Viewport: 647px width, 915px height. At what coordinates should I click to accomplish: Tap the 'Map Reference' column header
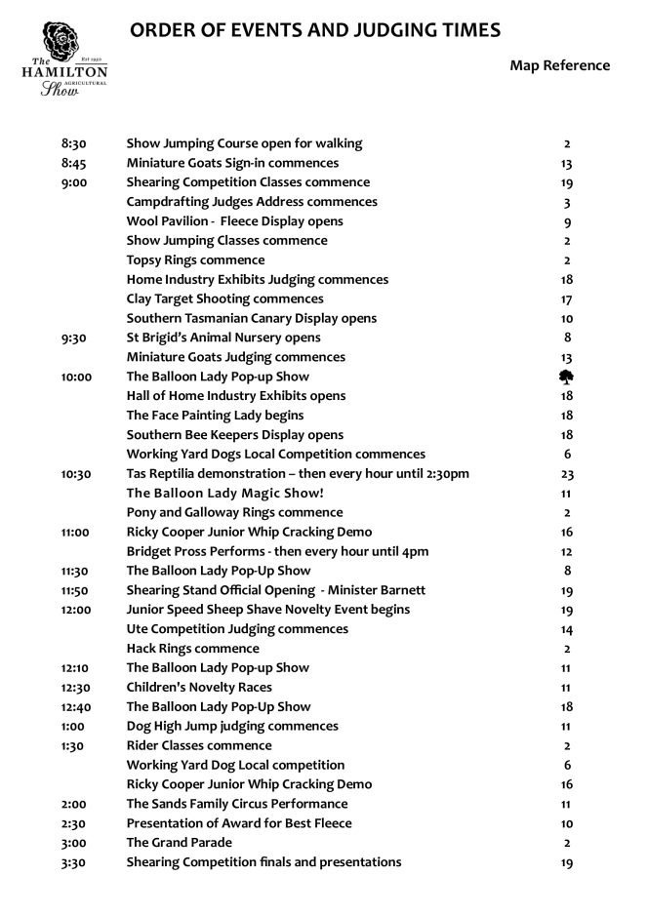(x=559, y=66)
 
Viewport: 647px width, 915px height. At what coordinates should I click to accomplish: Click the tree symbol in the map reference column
(x=567, y=377)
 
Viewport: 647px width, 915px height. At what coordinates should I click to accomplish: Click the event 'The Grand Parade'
(x=179, y=843)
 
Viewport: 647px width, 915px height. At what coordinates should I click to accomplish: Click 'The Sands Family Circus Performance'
(x=237, y=804)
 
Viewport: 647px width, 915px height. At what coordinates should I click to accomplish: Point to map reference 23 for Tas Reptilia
(x=567, y=474)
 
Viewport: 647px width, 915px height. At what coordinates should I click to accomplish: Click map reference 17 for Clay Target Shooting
(x=567, y=299)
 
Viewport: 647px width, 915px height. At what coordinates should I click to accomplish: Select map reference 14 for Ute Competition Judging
(x=567, y=629)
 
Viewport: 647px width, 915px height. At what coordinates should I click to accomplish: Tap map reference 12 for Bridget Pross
(x=567, y=552)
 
